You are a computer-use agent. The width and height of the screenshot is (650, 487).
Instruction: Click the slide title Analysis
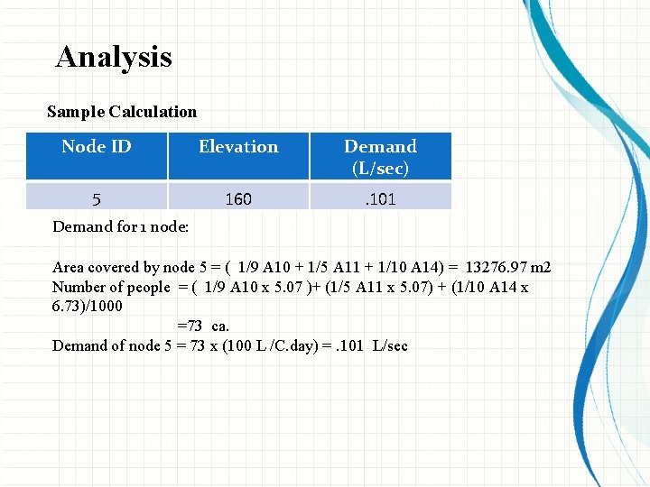pyautogui.click(x=114, y=57)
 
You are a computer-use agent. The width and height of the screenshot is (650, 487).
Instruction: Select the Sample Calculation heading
pyautogui.click(x=122, y=112)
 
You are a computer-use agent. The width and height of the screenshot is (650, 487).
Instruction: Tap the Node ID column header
pyautogui.click(x=97, y=146)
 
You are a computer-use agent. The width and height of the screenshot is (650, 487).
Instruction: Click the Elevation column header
pyautogui.click(x=238, y=146)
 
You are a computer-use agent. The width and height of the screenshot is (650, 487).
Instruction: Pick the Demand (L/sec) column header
pyautogui.click(x=380, y=156)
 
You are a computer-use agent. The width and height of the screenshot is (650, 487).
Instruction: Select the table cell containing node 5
pyautogui.click(x=97, y=198)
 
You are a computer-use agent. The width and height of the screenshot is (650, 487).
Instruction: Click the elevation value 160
pyautogui.click(x=238, y=198)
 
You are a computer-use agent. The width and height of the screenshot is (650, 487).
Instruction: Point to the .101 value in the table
pyautogui.click(x=380, y=198)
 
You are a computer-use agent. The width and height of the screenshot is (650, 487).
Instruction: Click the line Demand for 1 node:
pyautogui.click(x=120, y=226)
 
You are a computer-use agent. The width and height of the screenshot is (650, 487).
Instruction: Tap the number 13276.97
pyautogui.click(x=497, y=267)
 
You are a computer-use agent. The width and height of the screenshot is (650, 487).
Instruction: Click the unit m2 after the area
pyautogui.click(x=542, y=267)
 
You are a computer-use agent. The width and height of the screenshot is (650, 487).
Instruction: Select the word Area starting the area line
pyautogui.click(x=69, y=267)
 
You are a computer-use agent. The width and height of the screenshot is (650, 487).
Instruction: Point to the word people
pyautogui.click(x=148, y=287)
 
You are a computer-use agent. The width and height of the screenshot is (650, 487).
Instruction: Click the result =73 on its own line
pyautogui.click(x=189, y=326)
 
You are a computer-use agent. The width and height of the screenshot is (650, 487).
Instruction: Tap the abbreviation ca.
pyautogui.click(x=220, y=326)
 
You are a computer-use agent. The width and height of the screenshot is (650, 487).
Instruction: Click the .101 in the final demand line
pyautogui.click(x=352, y=346)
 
